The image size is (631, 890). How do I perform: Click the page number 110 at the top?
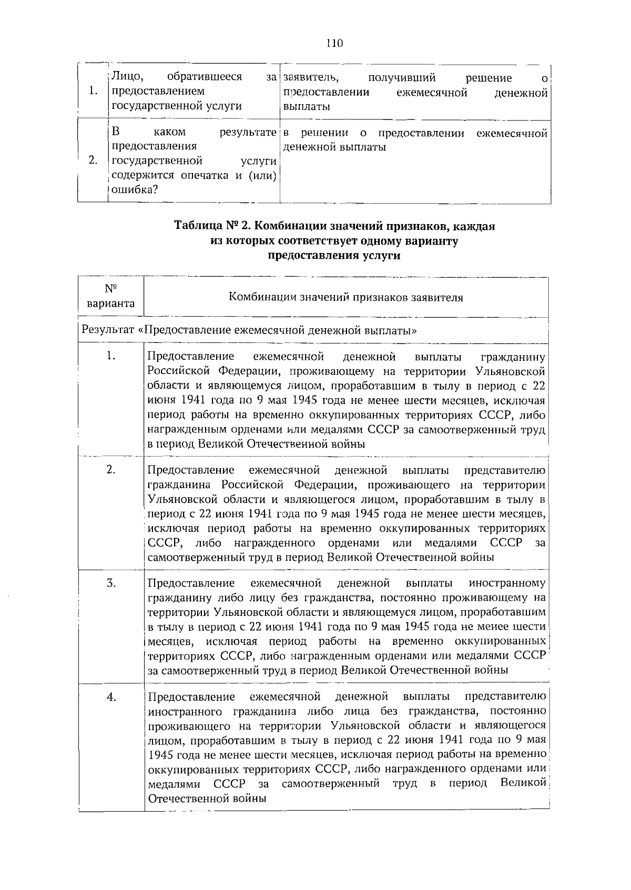coord(334,43)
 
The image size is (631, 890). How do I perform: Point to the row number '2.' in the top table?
coord(93,160)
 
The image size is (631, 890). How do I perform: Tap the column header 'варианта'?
coord(110,304)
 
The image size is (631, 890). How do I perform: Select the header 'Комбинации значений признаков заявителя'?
coord(345,297)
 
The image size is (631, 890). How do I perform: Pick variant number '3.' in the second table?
coord(111,583)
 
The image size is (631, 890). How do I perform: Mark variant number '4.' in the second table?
coord(111,697)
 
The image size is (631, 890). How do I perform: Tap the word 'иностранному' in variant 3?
coord(507,583)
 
